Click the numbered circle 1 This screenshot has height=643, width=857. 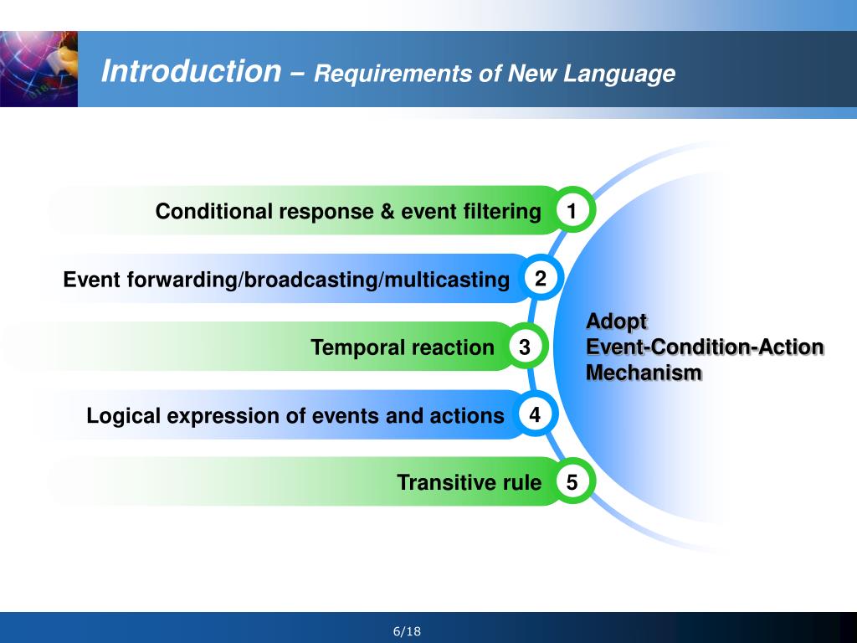pos(572,212)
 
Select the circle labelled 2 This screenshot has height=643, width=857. pos(541,279)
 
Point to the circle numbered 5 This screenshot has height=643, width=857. pos(572,482)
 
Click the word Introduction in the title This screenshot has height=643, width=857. pos(191,72)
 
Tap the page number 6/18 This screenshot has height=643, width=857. pos(407,631)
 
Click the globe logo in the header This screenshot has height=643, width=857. pos(38,69)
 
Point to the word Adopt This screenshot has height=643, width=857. pos(616,321)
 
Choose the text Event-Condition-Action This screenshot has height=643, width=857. pos(705,347)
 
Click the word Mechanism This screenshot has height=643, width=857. pos(644,373)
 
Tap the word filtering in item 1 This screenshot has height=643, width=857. pos(501,212)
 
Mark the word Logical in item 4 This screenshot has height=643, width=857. pos(120,415)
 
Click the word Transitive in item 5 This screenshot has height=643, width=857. pos(440,483)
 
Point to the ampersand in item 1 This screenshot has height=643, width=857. pos(387,212)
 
